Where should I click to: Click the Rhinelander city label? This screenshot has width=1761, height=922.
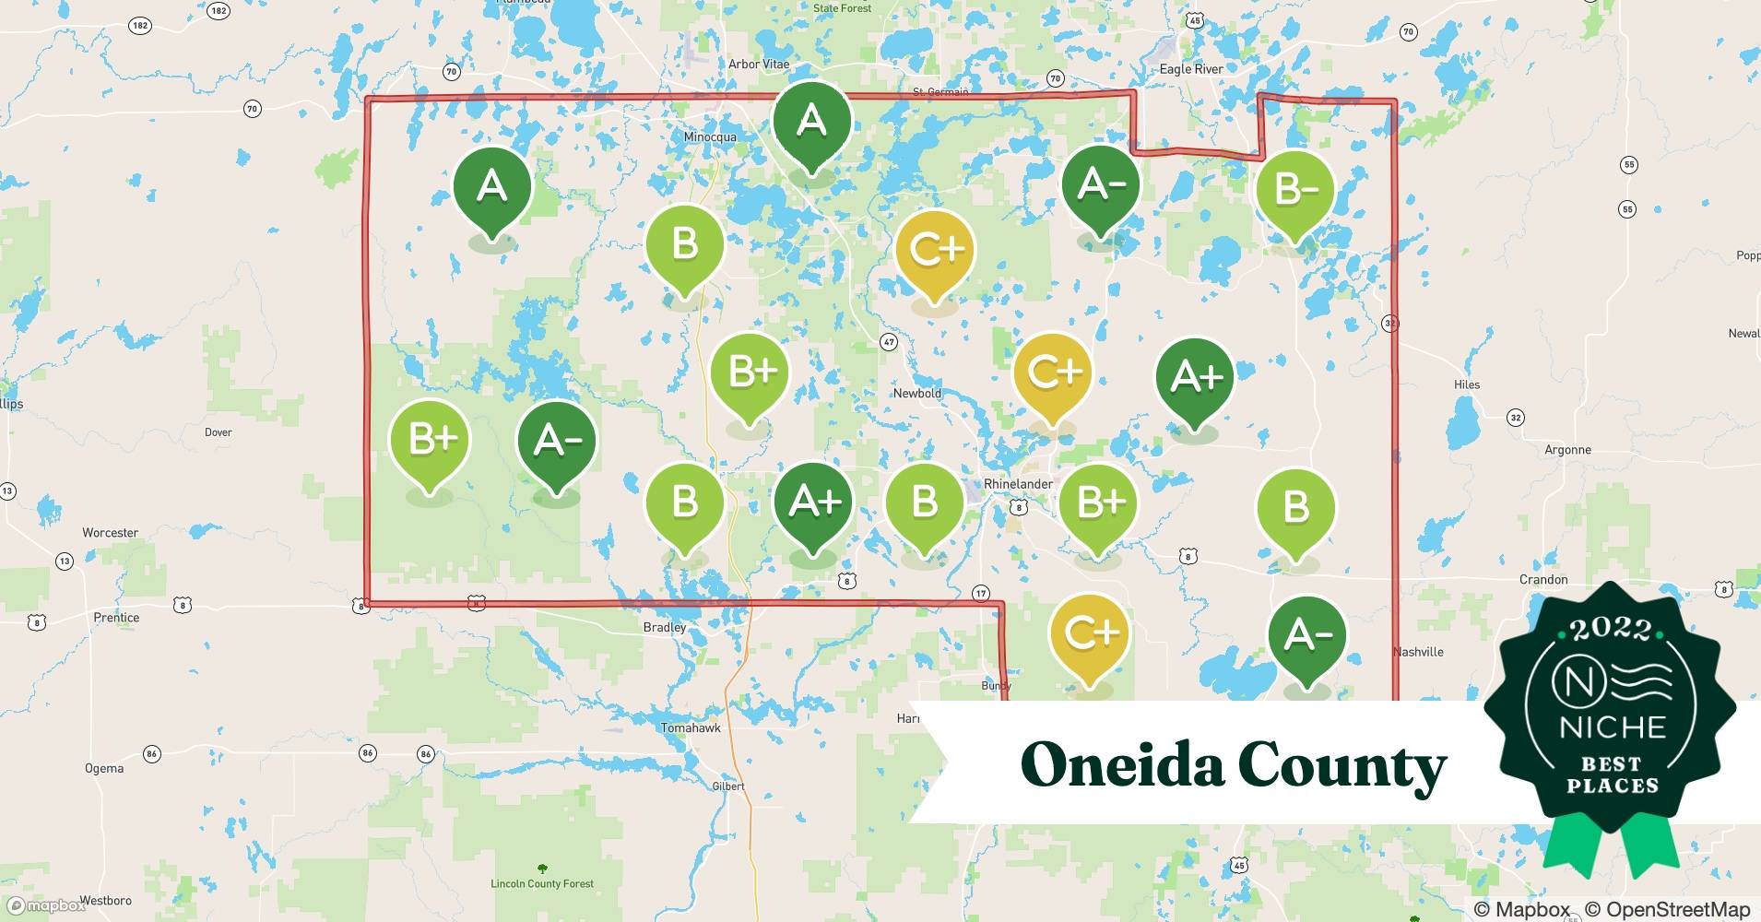1018,484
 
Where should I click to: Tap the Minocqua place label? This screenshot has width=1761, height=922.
710,136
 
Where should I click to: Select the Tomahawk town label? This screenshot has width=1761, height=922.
691,727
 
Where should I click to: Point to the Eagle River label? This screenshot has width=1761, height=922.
1191,69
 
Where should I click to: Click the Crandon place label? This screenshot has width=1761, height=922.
1543,579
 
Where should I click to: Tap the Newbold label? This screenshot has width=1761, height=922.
917,393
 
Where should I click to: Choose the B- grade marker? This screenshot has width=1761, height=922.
1295,190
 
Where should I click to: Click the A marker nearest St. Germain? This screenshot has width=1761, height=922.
811,121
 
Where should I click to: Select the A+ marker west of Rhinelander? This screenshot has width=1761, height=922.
813,502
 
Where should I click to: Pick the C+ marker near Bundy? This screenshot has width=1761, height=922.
1090,633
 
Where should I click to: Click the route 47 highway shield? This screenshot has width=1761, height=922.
889,341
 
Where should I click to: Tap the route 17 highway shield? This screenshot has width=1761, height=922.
980,593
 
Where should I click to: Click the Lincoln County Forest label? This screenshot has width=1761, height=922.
542,883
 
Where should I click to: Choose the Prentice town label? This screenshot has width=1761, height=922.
116,617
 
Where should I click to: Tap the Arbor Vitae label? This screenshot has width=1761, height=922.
759,64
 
